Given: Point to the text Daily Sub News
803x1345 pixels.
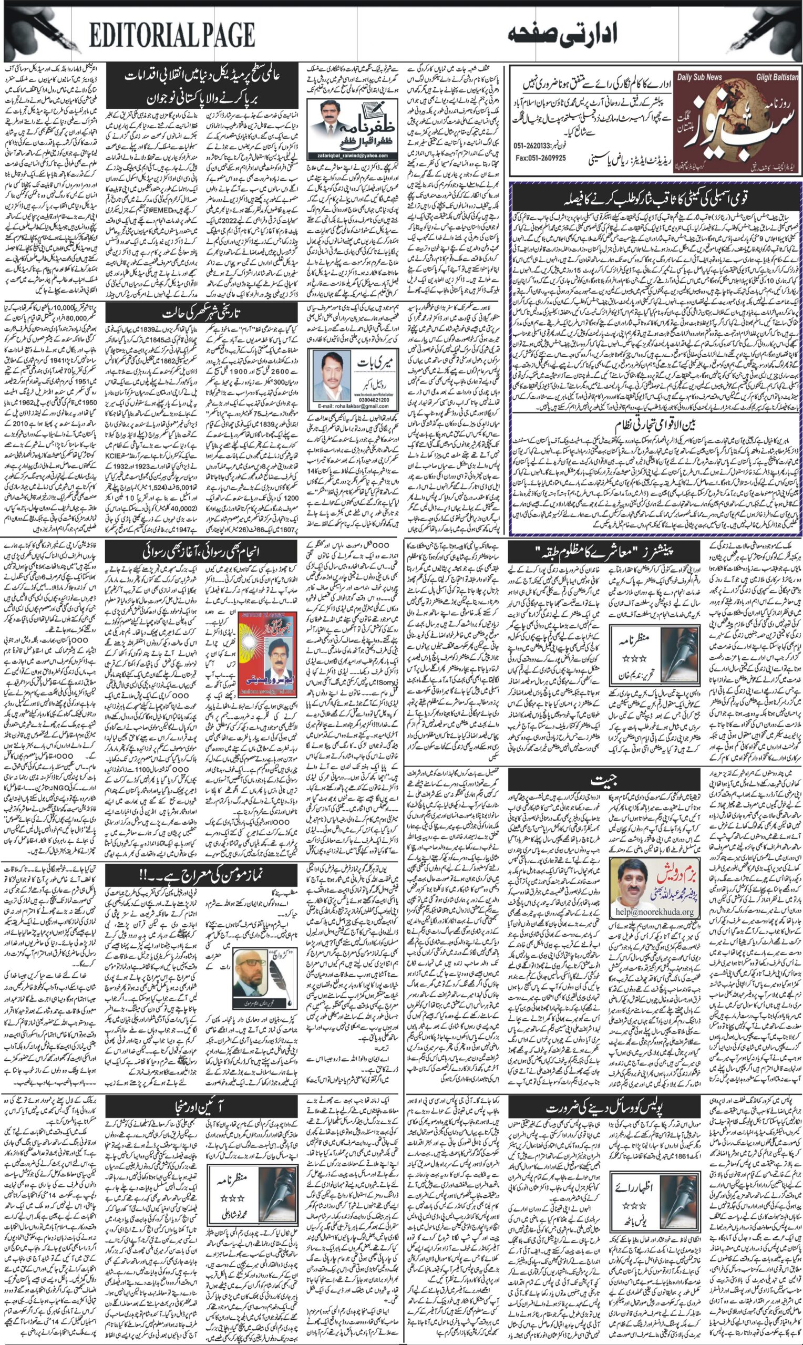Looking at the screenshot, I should tap(699, 77).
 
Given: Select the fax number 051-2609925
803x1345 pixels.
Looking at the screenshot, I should tap(541, 158).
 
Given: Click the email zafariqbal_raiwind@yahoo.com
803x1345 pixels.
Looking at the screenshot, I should tap(352, 154).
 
